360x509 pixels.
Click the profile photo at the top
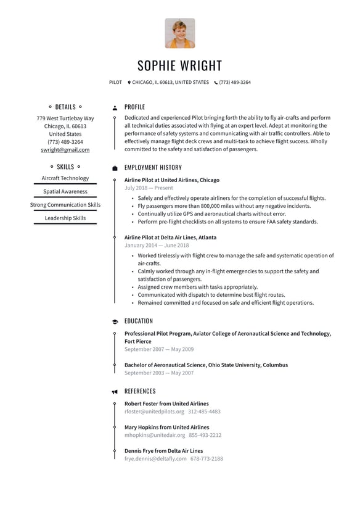pos(179,33)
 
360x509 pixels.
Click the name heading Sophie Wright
pos(179,66)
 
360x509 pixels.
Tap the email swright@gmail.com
pos(65,150)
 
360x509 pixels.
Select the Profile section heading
pos(134,107)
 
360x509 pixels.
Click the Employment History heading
pos(153,168)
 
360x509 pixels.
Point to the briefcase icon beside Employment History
pos(115,168)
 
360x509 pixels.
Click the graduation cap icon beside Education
pos(115,321)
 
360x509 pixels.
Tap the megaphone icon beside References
pos(115,392)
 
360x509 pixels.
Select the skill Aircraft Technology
pos(65,178)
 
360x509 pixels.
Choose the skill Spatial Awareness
pos(65,192)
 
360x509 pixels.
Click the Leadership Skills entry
pos(65,218)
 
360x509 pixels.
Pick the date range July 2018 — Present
pos(149,188)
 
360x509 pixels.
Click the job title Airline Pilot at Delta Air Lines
pos(170,238)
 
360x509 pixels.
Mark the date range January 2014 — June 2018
pos(157,246)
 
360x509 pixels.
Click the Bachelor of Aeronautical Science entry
pos(206,365)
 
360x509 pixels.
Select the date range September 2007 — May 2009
pos(158,349)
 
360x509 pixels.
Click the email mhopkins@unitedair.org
pos(155,436)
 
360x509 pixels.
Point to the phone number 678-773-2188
pos(207,459)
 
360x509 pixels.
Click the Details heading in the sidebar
pos(65,107)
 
